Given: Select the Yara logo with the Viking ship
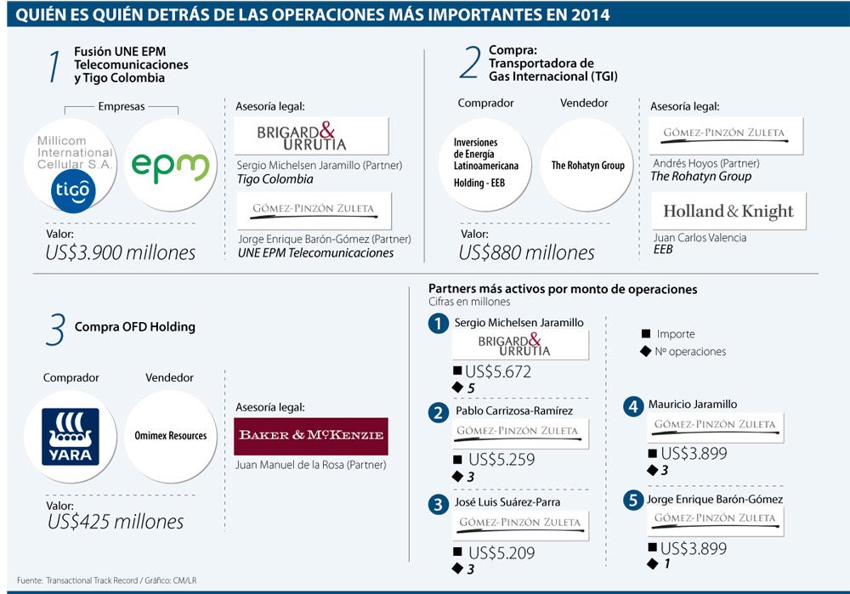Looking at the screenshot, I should click(x=71, y=436).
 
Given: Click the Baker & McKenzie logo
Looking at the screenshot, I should click(x=311, y=436).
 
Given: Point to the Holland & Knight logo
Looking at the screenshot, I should click(x=728, y=212).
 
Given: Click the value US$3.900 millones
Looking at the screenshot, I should click(x=121, y=252).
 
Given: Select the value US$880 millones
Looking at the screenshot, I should click(x=527, y=252).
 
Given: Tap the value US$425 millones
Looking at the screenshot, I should click(x=115, y=521).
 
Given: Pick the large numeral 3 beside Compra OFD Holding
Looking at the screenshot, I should click(x=55, y=329).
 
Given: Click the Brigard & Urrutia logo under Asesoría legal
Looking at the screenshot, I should click(x=311, y=136).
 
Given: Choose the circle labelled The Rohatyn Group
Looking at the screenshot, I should click(x=587, y=166).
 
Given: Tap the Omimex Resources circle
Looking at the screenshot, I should click(x=170, y=436).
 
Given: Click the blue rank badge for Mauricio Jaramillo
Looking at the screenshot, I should click(x=632, y=406).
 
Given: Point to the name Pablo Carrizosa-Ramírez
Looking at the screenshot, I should click(x=513, y=410).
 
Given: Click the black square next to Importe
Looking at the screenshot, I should click(x=646, y=335).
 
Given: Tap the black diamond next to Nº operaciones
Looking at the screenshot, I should click(x=646, y=351).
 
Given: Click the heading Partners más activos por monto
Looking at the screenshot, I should click(x=563, y=289).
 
